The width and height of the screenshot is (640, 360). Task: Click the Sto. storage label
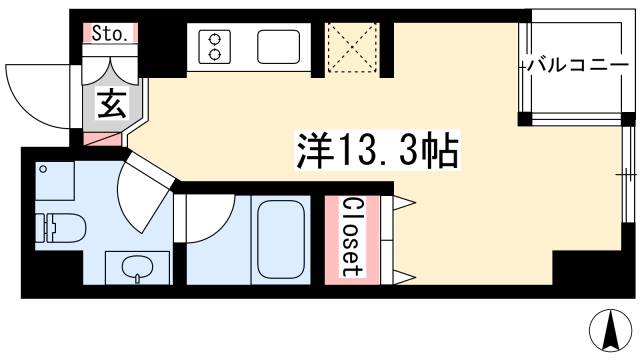click(109, 34)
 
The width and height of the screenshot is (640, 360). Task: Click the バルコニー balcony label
click(571, 64)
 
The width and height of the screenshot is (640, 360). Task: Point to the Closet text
click(350, 235)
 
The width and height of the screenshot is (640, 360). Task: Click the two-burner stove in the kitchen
click(214, 45)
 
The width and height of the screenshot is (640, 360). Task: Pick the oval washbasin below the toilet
click(134, 267)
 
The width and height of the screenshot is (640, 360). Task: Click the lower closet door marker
click(404, 272)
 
